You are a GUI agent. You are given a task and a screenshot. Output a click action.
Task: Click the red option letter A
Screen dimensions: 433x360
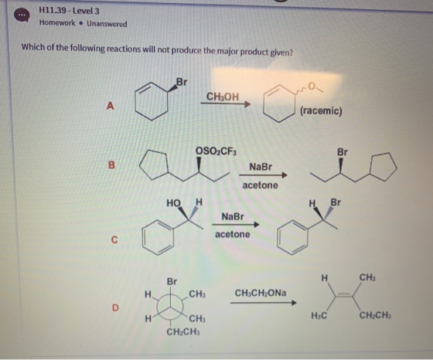point(110,106)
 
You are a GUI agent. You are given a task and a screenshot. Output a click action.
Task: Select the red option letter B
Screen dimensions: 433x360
point(111,165)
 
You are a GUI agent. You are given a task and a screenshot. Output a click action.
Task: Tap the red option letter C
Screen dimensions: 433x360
point(114,240)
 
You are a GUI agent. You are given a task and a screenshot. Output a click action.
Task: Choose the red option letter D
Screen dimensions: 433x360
point(115,307)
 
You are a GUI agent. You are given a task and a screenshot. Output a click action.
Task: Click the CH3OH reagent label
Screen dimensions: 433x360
point(223,97)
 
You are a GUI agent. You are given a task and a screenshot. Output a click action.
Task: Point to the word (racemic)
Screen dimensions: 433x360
point(321,111)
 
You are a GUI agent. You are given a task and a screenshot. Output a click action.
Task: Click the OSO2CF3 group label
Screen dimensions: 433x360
point(216,151)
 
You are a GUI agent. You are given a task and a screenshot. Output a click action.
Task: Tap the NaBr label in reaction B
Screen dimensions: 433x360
point(261,167)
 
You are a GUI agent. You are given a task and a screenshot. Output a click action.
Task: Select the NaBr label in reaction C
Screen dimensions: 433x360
point(233,216)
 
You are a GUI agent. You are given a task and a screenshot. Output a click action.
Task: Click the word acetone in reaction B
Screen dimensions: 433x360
point(260,185)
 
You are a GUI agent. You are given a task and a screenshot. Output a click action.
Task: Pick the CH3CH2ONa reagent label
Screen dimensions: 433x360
point(261,293)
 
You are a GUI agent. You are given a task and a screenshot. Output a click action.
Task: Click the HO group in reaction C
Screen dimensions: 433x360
point(173,203)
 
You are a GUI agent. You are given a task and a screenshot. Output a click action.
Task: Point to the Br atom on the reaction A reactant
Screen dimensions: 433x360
point(182,82)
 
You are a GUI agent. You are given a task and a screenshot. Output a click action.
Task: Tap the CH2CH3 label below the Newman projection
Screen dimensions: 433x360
point(183,331)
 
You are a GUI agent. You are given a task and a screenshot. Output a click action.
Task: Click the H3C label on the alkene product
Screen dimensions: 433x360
point(319,315)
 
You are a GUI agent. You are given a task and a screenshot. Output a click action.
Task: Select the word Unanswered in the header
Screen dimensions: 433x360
point(107,24)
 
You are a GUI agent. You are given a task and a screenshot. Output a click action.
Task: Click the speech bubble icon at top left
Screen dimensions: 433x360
point(22,15)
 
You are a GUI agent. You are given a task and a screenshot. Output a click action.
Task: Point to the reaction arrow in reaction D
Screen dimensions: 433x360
point(264,303)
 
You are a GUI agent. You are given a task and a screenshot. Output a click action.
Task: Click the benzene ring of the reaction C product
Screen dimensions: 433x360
point(293,237)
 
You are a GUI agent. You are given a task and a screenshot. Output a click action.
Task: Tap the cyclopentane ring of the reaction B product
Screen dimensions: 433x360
point(384,166)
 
